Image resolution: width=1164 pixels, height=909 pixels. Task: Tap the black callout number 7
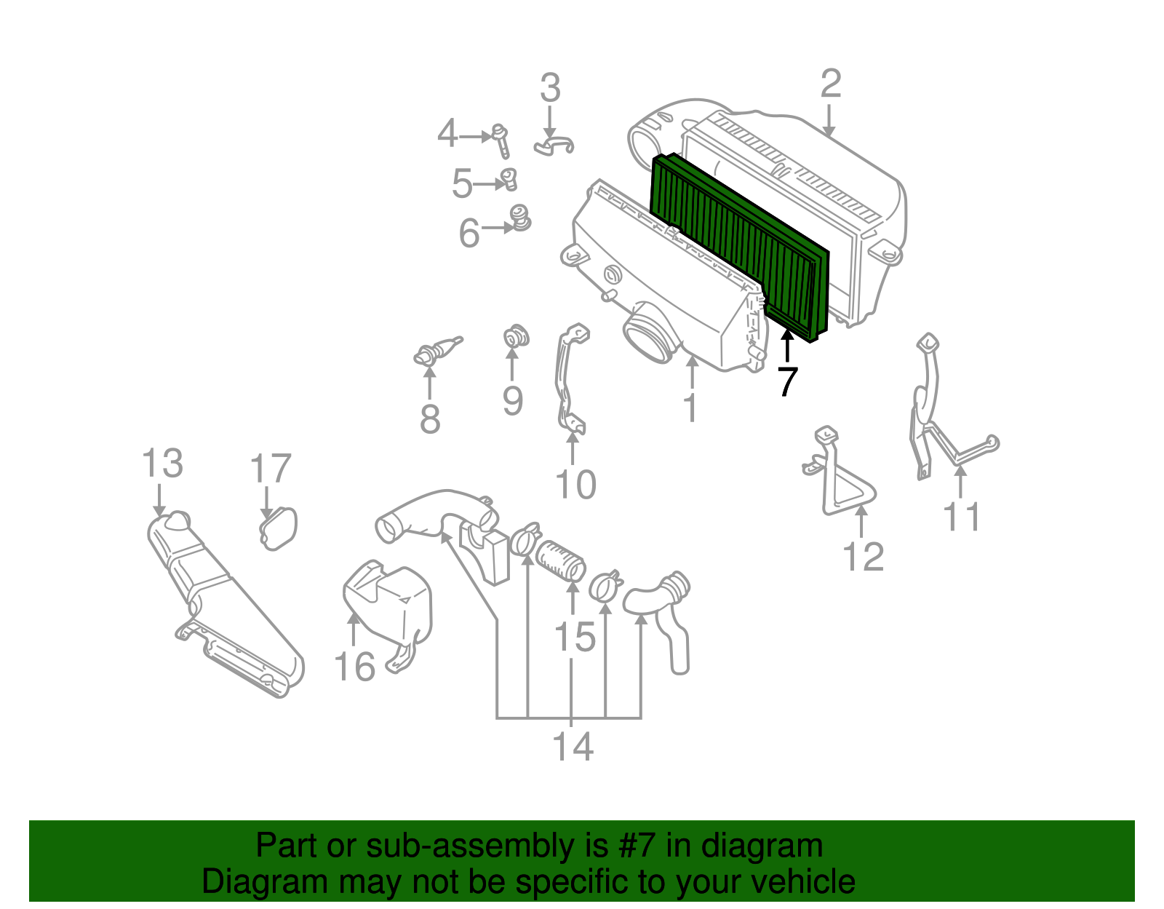(787, 382)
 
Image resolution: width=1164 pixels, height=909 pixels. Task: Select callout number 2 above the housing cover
(831, 84)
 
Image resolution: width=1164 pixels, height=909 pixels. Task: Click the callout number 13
(162, 464)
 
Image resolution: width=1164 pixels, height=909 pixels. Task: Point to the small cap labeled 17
(279, 528)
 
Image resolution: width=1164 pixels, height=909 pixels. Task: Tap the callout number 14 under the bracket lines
(573, 747)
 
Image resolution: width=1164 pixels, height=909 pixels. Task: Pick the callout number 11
(961, 517)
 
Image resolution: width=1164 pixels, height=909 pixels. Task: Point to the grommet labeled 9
(516, 338)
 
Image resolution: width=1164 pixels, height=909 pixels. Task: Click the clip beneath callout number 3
(554, 145)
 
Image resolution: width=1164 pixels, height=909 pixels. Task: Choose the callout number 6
(469, 234)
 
